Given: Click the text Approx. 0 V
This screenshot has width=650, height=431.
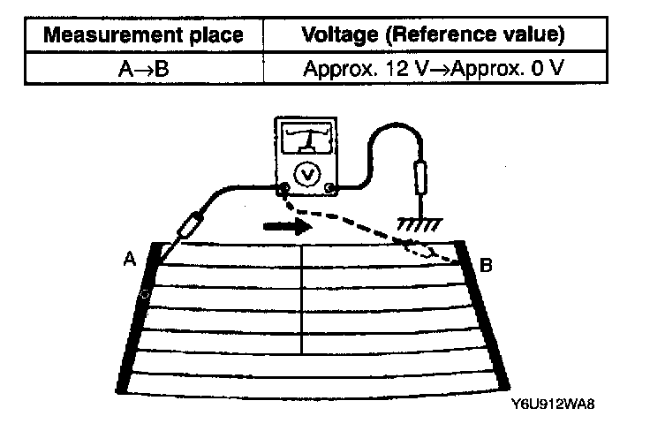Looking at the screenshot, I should (530, 67).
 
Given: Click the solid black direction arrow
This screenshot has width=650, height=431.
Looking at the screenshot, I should (289, 226).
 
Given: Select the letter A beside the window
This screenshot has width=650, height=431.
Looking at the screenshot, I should (129, 261).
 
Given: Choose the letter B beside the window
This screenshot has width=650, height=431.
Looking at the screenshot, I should (485, 263).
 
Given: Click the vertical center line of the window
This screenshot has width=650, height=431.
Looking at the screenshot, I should (303, 296).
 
